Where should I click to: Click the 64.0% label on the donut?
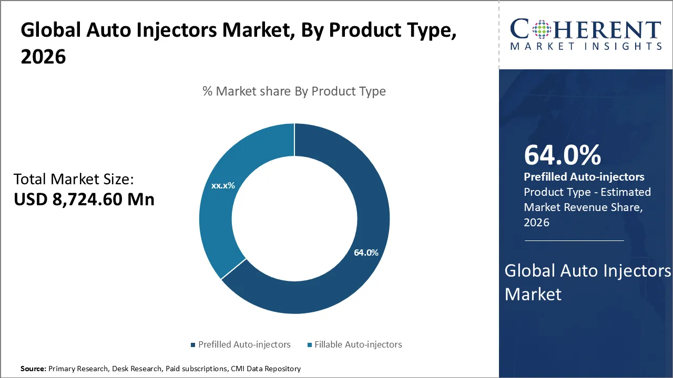pos(366,253)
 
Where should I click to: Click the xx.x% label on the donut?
pos(223,185)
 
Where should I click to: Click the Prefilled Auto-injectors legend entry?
pos(244,344)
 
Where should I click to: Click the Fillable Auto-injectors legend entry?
pos(358,344)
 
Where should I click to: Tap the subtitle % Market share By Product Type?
pos(294,91)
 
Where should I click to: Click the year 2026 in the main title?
pos(43,57)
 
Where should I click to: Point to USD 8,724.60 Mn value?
pos(84,199)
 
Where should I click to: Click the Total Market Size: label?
pos(74,179)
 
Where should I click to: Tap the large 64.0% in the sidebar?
pos(562,155)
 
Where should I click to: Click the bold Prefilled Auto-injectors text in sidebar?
pos(584,177)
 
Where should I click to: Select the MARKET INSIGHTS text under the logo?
pos(586,46)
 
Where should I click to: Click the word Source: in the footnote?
pos(33,369)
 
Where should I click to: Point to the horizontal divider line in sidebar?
pos(574,240)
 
